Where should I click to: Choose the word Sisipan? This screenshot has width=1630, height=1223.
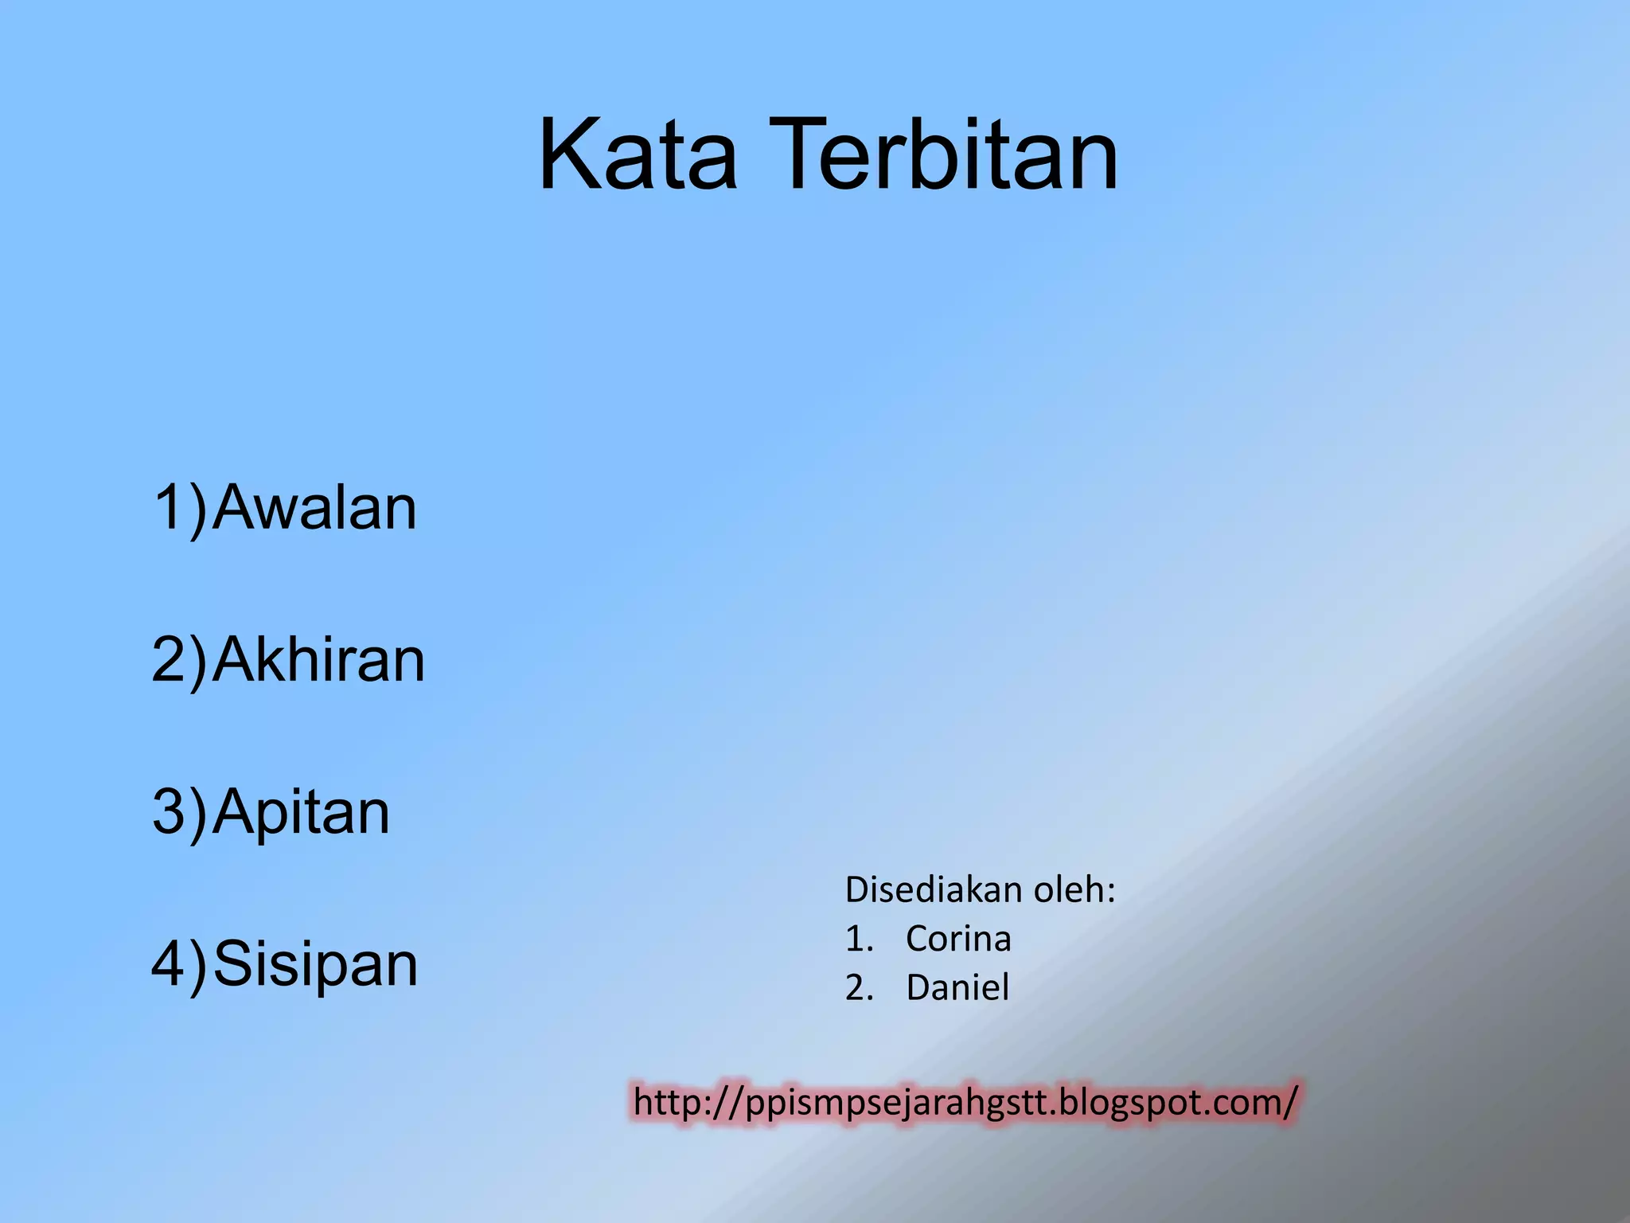(x=315, y=964)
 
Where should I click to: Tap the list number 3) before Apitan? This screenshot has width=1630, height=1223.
(x=179, y=812)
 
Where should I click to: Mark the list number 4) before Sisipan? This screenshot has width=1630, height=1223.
(x=179, y=964)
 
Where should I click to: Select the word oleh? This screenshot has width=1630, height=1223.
(x=1074, y=889)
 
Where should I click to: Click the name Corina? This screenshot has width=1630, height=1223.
(x=958, y=939)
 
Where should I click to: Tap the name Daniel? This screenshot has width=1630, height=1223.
(x=957, y=987)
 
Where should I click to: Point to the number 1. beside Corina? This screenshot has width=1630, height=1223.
(x=860, y=940)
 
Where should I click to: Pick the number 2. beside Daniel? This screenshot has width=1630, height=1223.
(x=860, y=988)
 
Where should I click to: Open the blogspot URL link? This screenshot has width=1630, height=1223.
(x=965, y=1103)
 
